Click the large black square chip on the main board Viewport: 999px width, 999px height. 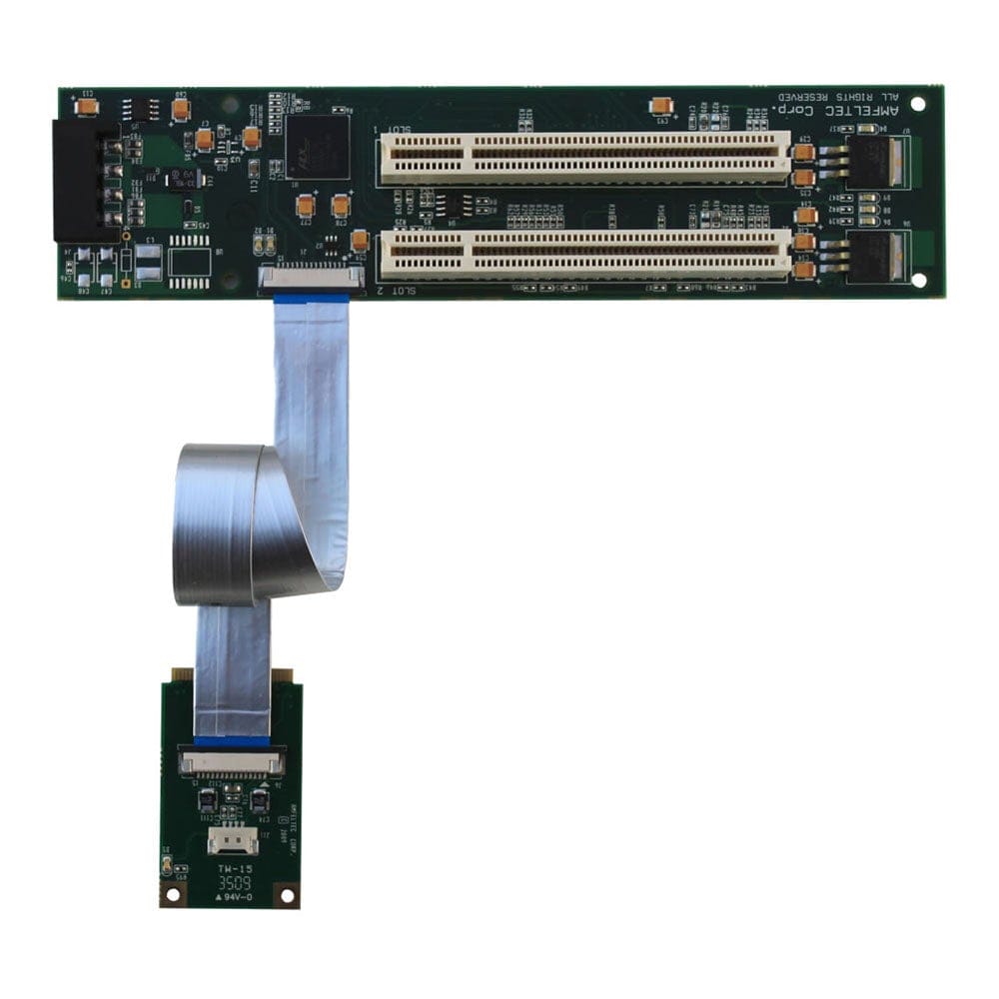[318, 147]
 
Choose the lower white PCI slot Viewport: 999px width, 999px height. [584, 254]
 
